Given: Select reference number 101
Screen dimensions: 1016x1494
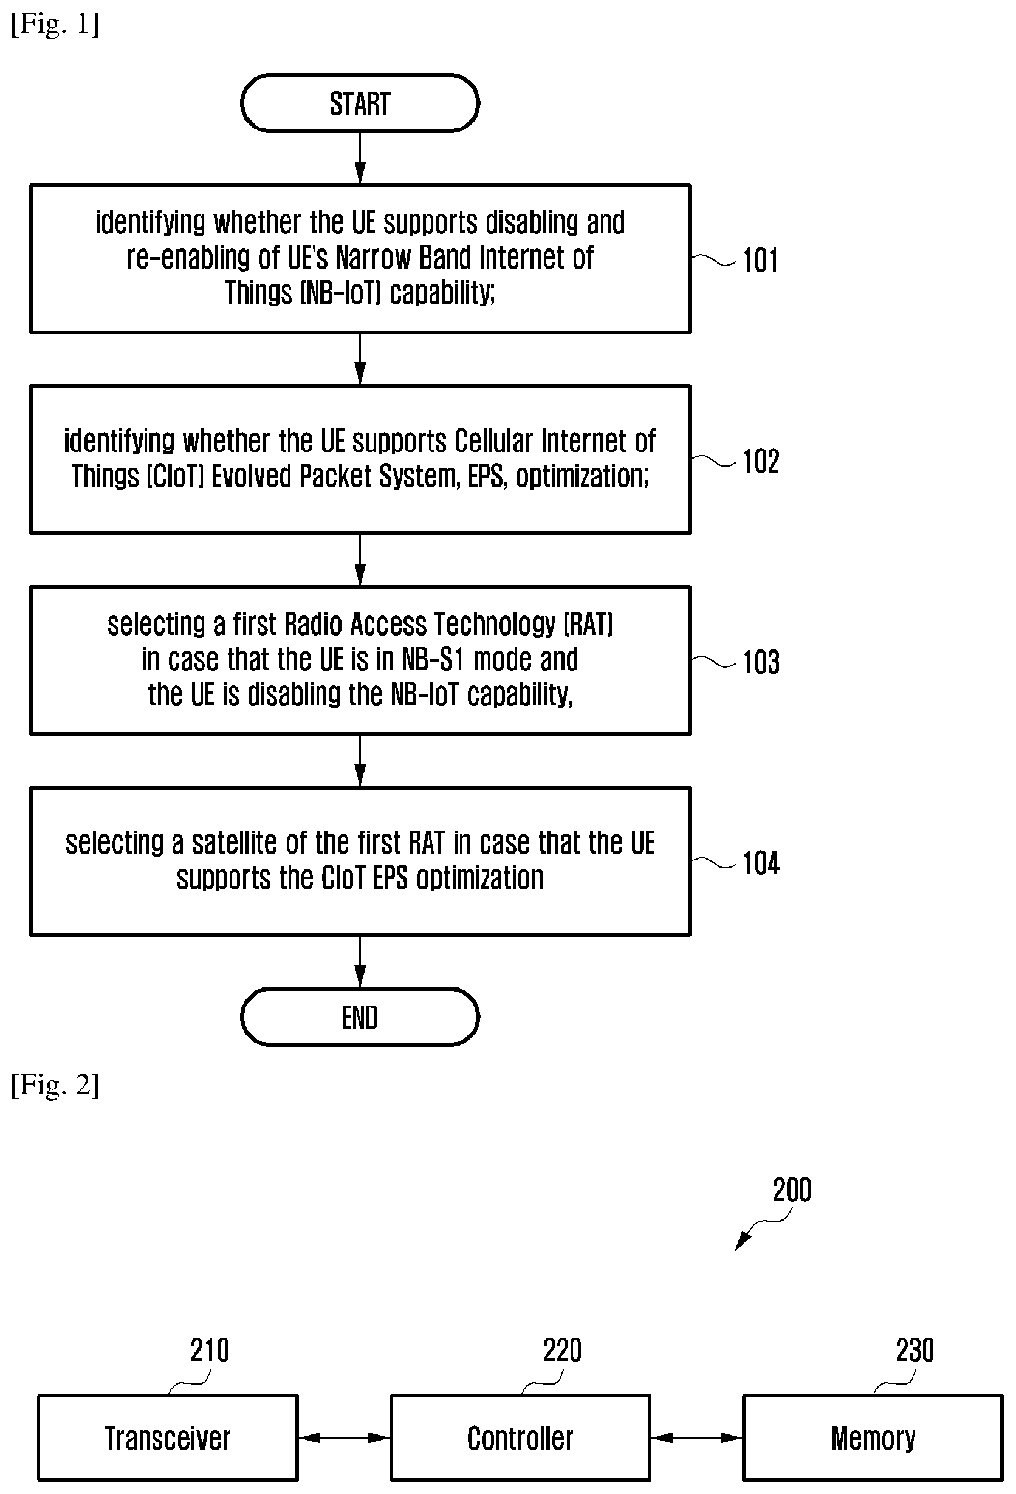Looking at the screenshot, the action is click(x=760, y=261).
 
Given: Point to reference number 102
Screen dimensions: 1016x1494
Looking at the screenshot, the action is click(x=761, y=462).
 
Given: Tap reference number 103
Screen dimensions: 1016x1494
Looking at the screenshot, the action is click(x=761, y=662).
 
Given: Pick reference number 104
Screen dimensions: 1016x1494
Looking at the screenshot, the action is click(x=761, y=863).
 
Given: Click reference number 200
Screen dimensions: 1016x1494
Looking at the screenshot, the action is click(x=792, y=1190).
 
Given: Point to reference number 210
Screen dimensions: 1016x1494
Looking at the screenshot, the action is click(x=210, y=1351).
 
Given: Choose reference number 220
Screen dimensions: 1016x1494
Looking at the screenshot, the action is click(x=562, y=1351).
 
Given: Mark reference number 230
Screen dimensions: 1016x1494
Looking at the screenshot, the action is click(x=915, y=1351).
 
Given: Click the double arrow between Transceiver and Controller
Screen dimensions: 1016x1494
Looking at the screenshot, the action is click(x=344, y=1437).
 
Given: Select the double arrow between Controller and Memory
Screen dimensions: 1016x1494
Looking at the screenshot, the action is click(x=696, y=1437).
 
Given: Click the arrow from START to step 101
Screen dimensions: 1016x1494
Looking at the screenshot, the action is click(x=360, y=158).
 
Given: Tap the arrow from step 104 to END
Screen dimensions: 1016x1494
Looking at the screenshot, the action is click(x=360, y=961).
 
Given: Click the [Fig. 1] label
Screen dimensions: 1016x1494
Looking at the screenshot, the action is click(x=55, y=24).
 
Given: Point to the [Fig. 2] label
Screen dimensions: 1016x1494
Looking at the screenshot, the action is click(x=55, y=1085).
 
